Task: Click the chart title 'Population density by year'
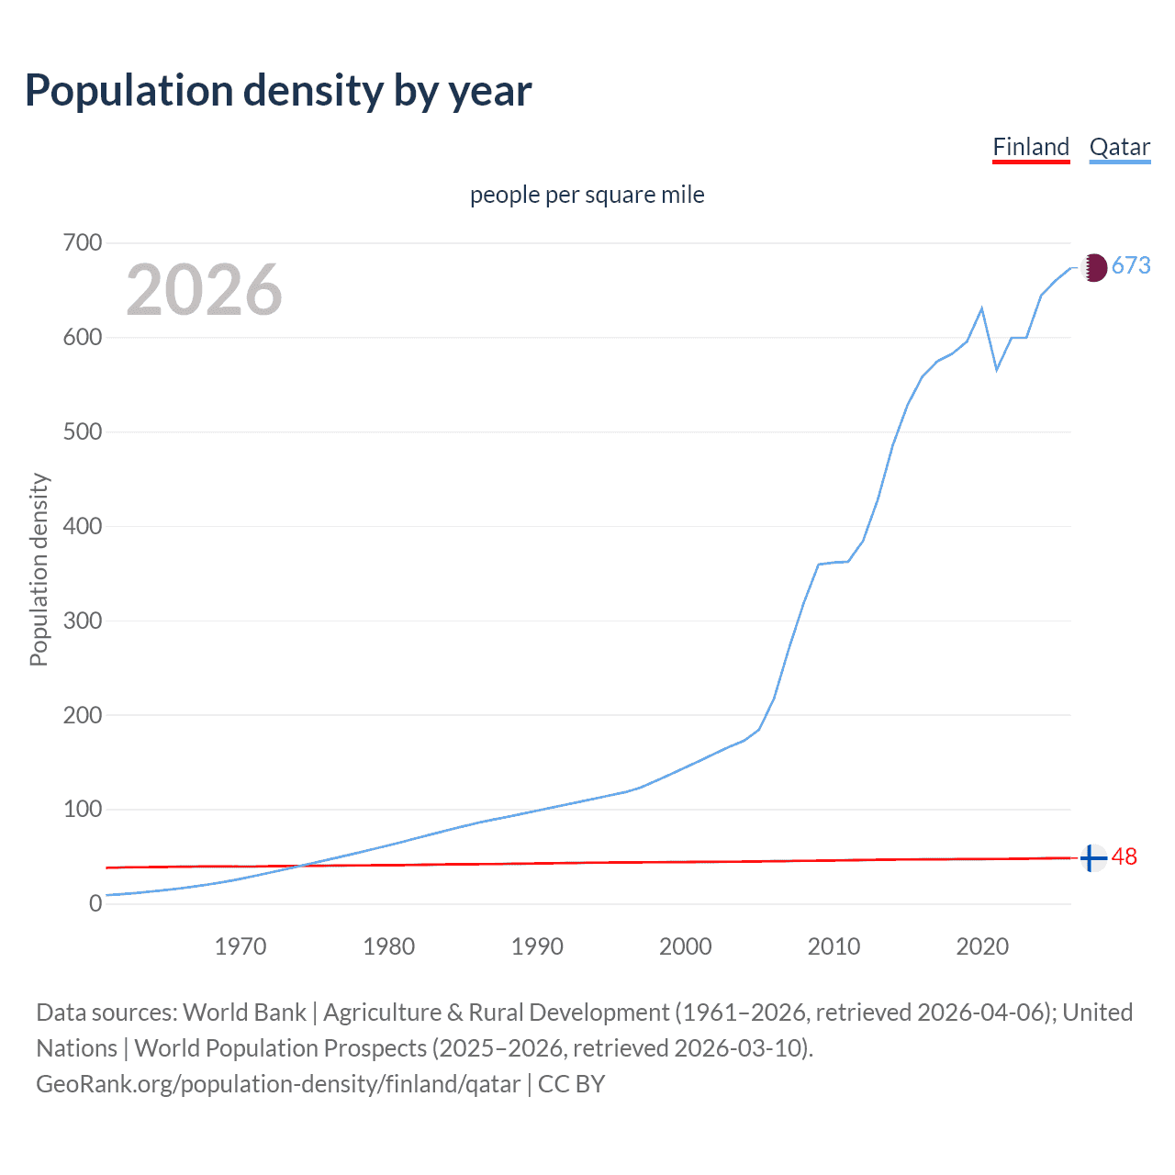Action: click(278, 91)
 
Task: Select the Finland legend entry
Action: click(1031, 147)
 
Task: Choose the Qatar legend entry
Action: click(1119, 147)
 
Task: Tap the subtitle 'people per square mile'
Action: click(587, 195)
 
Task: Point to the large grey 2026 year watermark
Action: click(204, 290)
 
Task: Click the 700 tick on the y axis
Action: click(82, 243)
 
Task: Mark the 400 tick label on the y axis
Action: click(82, 527)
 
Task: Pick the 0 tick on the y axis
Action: click(95, 904)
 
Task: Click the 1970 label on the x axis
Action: click(241, 946)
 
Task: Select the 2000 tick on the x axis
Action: click(686, 946)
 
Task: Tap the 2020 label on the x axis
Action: click(982, 946)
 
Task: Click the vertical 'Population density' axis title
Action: click(39, 569)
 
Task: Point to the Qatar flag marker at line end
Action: click(1092, 267)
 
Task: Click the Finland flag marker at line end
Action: click(1092, 858)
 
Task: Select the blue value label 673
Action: click(1131, 266)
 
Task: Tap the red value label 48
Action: click(1125, 857)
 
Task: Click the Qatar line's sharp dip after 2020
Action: click(997, 370)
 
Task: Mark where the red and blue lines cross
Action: click(299, 866)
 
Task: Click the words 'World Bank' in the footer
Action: click(244, 1013)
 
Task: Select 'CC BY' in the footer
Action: click(571, 1084)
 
